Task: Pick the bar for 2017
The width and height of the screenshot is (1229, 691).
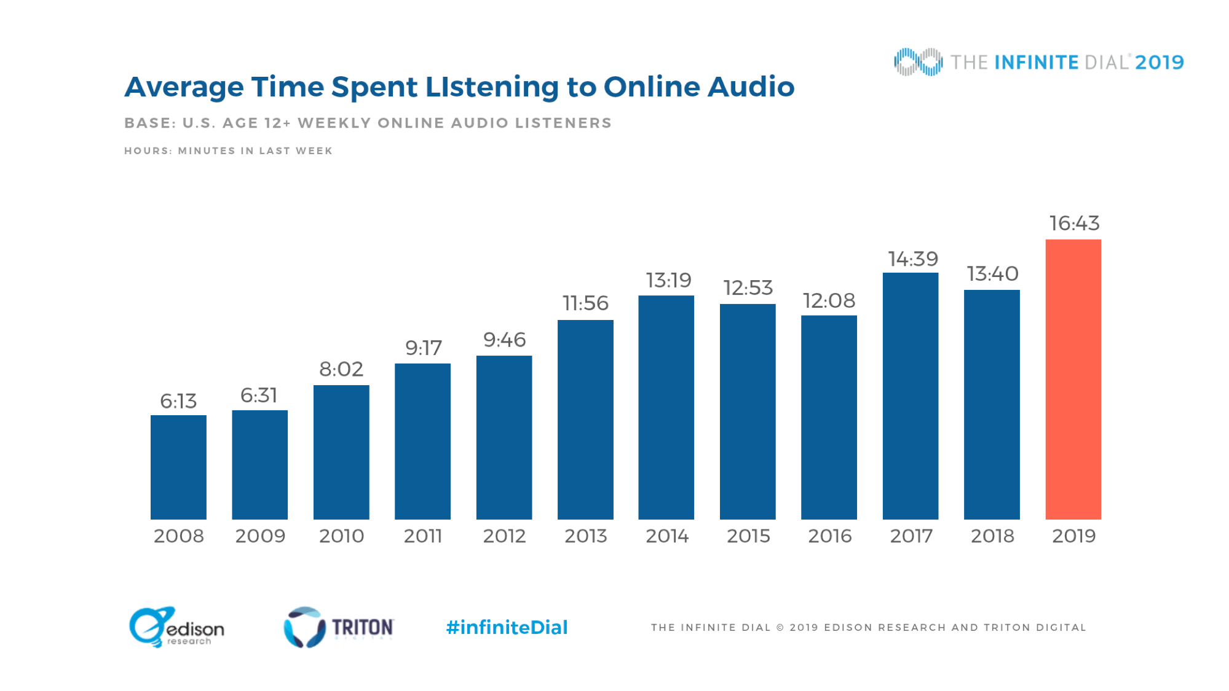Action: pyautogui.click(x=910, y=396)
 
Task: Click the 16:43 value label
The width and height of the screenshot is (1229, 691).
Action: pyautogui.click(x=1074, y=223)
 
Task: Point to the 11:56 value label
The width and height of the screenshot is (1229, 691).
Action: pyautogui.click(x=585, y=303)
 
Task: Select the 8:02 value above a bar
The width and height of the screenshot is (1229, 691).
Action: pyautogui.click(x=341, y=369)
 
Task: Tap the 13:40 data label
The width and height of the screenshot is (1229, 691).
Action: pyautogui.click(x=992, y=273)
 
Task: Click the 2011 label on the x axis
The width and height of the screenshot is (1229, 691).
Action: pyautogui.click(x=422, y=536)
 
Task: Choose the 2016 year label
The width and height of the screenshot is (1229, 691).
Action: pyautogui.click(x=829, y=536)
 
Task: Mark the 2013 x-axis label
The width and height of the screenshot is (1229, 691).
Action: pyautogui.click(x=585, y=536)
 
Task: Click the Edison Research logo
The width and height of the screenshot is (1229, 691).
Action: pyautogui.click(x=176, y=627)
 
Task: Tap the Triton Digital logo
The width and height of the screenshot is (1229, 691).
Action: pyautogui.click(x=338, y=627)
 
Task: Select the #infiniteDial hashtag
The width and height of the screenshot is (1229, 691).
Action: pyautogui.click(x=507, y=627)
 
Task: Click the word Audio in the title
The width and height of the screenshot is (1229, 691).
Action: pyautogui.click(x=751, y=87)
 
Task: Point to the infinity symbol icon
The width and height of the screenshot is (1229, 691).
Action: pyautogui.click(x=918, y=62)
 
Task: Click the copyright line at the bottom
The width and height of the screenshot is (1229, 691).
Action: pyautogui.click(x=868, y=627)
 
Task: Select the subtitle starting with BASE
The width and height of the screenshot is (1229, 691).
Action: pyautogui.click(x=368, y=123)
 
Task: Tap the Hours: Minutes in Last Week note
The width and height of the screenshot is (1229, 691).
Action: pyautogui.click(x=228, y=150)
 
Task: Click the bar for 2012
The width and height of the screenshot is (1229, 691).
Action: pyautogui.click(x=504, y=437)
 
